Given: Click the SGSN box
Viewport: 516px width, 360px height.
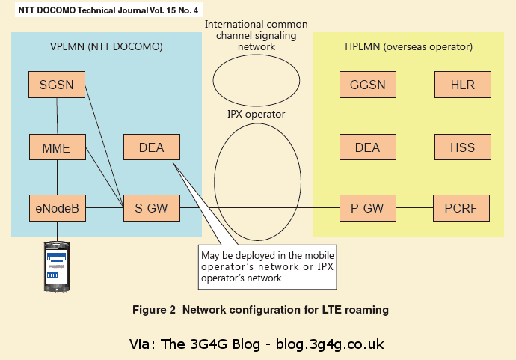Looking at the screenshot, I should pyautogui.click(x=57, y=84).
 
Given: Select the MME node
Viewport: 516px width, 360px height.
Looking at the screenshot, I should pyautogui.click(x=57, y=147).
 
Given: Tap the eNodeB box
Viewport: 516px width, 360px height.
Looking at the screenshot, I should pyautogui.click(x=57, y=207).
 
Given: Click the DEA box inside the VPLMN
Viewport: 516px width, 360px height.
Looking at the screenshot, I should pyautogui.click(x=152, y=147).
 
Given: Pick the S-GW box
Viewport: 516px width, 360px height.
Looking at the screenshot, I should pyautogui.click(x=152, y=207).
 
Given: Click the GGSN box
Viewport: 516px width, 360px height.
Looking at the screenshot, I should pyautogui.click(x=367, y=84).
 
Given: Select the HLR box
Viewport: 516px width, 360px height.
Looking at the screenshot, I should pyautogui.click(x=463, y=84).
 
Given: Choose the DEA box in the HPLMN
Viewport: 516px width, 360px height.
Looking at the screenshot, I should pyautogui.click(x=367, y=147).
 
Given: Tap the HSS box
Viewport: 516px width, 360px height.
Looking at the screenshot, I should pyautogui.click(x=463, y=147).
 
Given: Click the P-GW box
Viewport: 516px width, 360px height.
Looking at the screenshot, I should pyautogui.click(x=367, y=207).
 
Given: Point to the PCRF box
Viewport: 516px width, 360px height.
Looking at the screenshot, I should pyautogui.click(x=463, y=207).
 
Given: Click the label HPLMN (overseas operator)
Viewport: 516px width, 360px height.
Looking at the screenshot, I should pyautogui.click(x=408, y=46).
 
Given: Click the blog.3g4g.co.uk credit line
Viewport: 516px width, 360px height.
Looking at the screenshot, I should pyautogui.click(x=257, y=344).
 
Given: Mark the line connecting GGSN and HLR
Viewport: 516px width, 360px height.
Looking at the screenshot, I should pyautogui.click(x=414, y=84).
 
